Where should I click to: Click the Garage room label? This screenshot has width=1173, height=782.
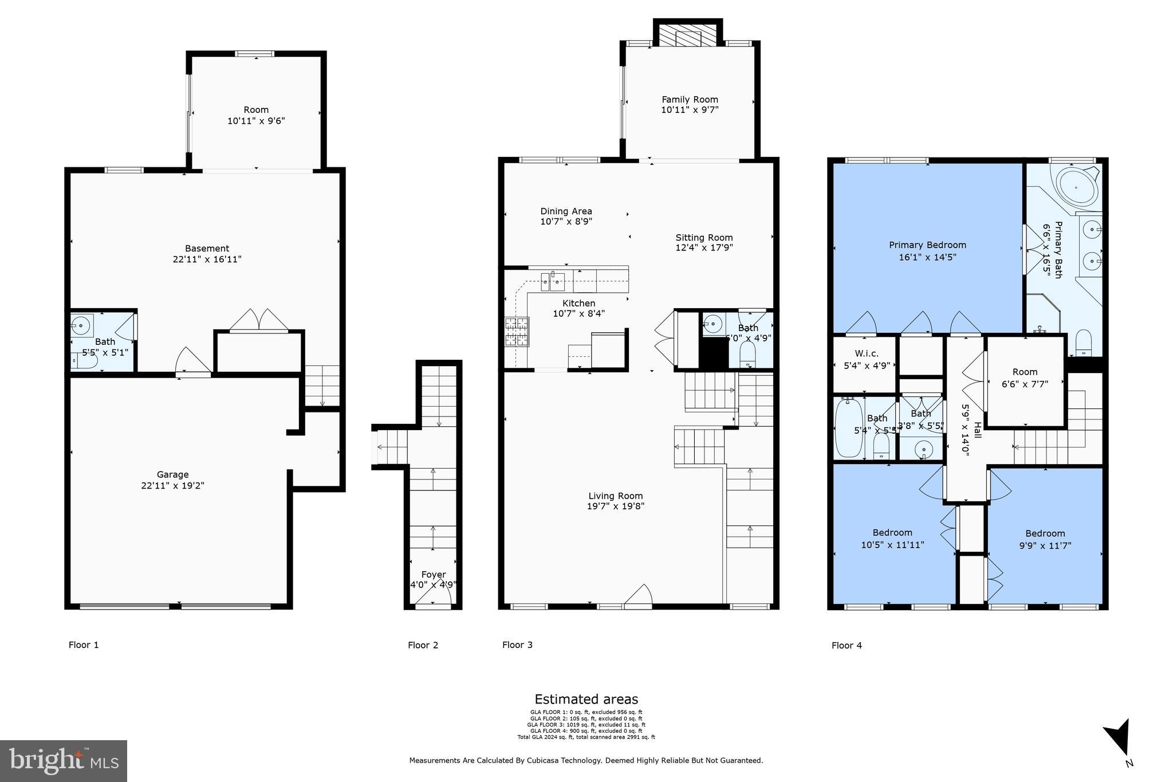click(x=172, y=474)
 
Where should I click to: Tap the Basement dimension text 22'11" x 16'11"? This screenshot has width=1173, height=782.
click(x=207, y=260)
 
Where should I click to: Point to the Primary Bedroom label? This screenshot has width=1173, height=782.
click(x=927, y=245)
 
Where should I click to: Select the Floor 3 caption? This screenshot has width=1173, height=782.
click(x=517, y=645)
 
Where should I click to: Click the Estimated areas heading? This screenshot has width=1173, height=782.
click(x=586, y=699)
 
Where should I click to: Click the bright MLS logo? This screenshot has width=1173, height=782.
click(x=64, y=761)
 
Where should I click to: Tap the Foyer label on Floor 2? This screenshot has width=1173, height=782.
click(x=433, y=575)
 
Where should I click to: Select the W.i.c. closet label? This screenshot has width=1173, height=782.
click(x=866, y=353)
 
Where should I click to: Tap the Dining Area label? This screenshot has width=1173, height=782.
click(x=566, y=211)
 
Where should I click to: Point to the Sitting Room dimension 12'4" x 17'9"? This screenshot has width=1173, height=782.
click(x=704, y=248)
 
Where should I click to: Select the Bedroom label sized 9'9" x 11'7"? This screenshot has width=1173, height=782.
click(x=1045, y=533)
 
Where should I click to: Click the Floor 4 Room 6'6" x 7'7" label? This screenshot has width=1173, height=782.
click(x=1025, y=372)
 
